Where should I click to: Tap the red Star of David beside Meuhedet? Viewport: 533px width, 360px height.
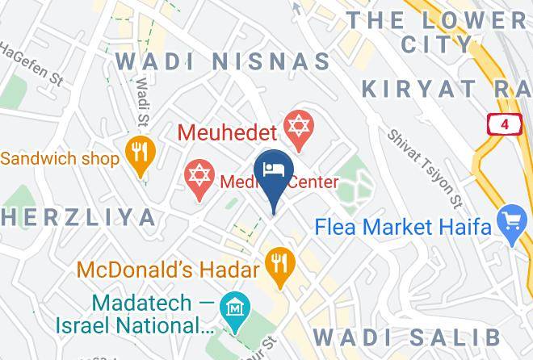(x=299, y=128)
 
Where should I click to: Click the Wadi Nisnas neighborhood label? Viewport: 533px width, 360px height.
(x=223, y=61)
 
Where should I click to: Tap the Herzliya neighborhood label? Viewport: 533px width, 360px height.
(x=78, y=217)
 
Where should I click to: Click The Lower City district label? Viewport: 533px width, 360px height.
(x=437, y=31)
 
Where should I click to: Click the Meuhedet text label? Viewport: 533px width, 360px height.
(x=228, y=130)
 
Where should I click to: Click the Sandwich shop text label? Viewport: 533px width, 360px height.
(x=60, y=157)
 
